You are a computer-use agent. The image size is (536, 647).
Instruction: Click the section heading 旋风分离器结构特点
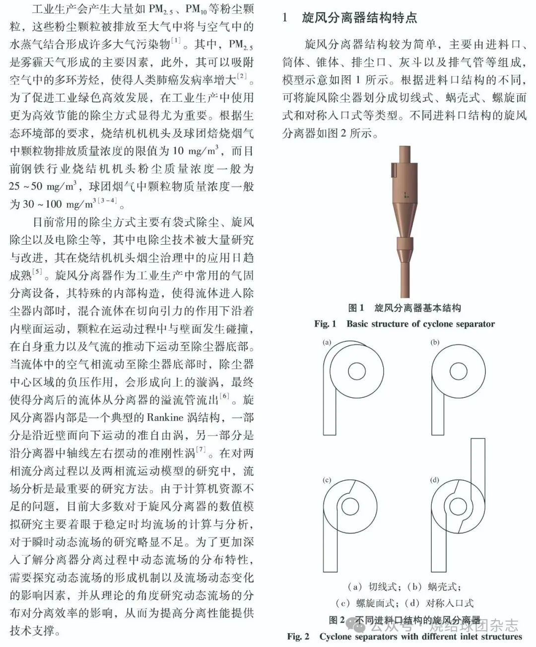[359, 18]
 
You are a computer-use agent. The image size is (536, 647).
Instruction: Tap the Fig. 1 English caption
[404, 324]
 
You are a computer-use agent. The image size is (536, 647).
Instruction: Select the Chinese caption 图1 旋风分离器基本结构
[404, 308]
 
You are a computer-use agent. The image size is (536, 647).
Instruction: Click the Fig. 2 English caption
[404, 637]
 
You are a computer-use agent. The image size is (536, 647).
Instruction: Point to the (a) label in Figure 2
[327, 342]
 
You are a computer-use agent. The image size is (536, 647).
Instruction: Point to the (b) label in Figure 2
[435, 342]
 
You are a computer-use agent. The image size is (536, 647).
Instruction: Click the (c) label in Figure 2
[327, 480]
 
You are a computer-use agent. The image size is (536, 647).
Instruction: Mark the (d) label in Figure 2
[435, 480]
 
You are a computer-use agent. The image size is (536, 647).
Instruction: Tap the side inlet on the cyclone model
[393, 171]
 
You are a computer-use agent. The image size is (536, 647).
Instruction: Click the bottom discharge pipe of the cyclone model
[404, 278]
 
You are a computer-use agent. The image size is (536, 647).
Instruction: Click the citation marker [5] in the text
[38, 272]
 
